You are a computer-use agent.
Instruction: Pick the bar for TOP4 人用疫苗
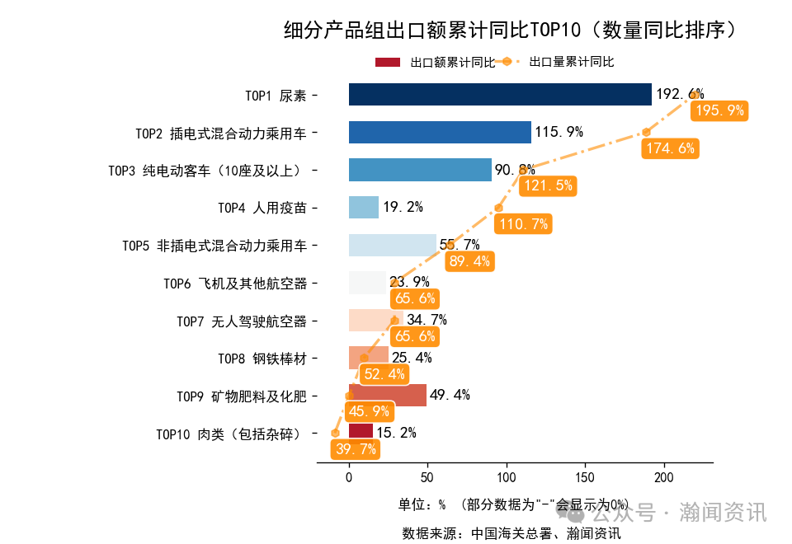point(364,208)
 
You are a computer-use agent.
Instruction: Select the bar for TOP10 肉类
point(361,432)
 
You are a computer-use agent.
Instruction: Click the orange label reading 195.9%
point(719,110)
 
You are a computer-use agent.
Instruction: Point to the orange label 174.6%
point(669,149)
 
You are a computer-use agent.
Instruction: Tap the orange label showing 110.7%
point(523,224)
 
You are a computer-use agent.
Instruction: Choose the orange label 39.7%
point(356,449)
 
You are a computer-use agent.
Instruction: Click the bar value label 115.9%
point(559,133)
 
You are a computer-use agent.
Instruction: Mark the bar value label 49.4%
point(450,396)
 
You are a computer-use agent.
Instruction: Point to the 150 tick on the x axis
point(585,477)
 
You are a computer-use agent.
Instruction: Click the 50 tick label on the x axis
point(427,477)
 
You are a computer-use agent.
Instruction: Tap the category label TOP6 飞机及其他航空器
point(235,284)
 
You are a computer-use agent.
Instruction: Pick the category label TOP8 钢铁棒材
point(262,359)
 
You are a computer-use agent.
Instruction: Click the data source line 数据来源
point(511,532)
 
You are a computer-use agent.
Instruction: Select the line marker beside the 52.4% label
point(365,358)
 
